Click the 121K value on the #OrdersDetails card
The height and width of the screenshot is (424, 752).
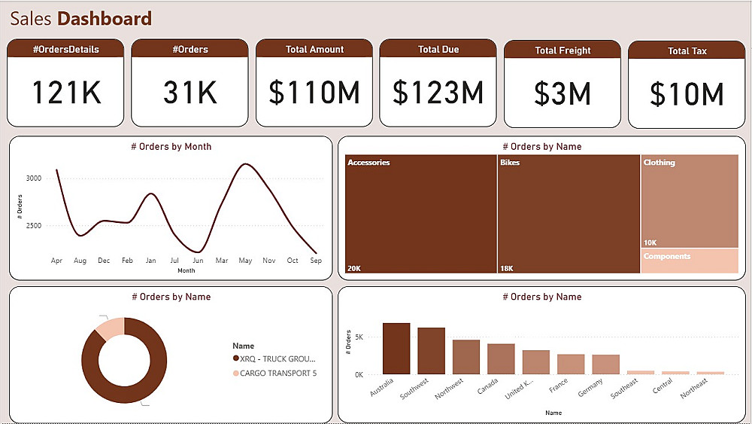(65, 93)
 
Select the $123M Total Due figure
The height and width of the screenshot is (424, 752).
(438, 92)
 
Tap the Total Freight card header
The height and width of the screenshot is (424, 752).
(562, 50)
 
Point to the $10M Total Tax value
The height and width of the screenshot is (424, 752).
(686, 94)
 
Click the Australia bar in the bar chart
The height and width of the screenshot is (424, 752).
(396, 349)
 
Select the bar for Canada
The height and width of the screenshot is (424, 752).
(501, 359)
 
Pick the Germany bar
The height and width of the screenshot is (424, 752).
(605, 365)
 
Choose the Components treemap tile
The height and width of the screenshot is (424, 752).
(690, 261)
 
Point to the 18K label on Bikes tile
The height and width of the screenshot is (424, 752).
(508, 268)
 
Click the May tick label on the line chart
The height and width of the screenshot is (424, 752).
(245, 261)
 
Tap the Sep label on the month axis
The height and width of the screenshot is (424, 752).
(316, 261)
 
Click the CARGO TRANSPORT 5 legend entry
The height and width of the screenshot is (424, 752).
(277, 374)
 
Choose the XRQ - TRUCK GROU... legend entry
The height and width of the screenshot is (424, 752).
(277, 359)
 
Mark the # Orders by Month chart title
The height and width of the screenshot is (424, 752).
(171, 146)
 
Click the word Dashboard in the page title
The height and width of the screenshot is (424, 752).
(105, 19)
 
